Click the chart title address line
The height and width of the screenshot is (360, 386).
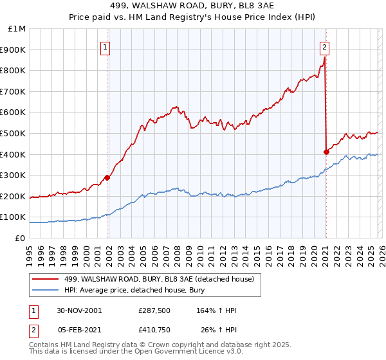(x=193, y=7)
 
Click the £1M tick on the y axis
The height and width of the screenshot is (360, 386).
(x=17, y=29)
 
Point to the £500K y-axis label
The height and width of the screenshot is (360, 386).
(x=14, y=134)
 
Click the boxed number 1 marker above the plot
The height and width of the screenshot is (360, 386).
(x=105, y=46)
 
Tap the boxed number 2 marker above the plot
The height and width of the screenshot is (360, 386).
(x=325, y=46)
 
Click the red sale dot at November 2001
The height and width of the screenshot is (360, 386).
(x=107, y=178)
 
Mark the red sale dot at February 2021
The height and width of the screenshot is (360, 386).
(x=326, y=152)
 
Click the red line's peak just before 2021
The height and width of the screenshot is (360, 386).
(x=325, y=58)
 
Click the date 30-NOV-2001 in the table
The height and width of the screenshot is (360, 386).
(x=78, y=310)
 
